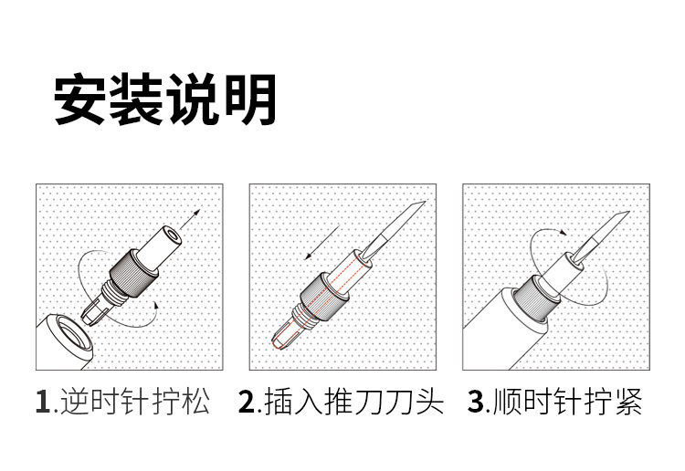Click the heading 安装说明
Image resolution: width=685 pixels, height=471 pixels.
pyautogui.click(x=164, y=99)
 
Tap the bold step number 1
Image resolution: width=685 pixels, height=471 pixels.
pyautogui.click(x=43, y=401)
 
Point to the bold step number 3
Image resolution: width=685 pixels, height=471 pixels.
pyautogui.click(x=475, y=401)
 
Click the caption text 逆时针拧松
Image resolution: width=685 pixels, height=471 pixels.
pyautogui.click(x=134, y=401)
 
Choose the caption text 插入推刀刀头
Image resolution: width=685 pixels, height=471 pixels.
pyautogui.click(x=353, y=401)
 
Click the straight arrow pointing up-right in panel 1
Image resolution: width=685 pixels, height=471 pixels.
pyautogui.click(x=190, y=219)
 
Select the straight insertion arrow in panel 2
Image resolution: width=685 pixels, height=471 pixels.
pyautogui.click(x=322, y=242)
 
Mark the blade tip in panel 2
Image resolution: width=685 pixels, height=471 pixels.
pyautogui.click(x=425, y=202)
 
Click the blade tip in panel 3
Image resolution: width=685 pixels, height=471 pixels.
pyautogui.click(x=628, y=212)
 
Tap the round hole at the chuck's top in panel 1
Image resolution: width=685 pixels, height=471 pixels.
pyautogui.click(x=174, y=236)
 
